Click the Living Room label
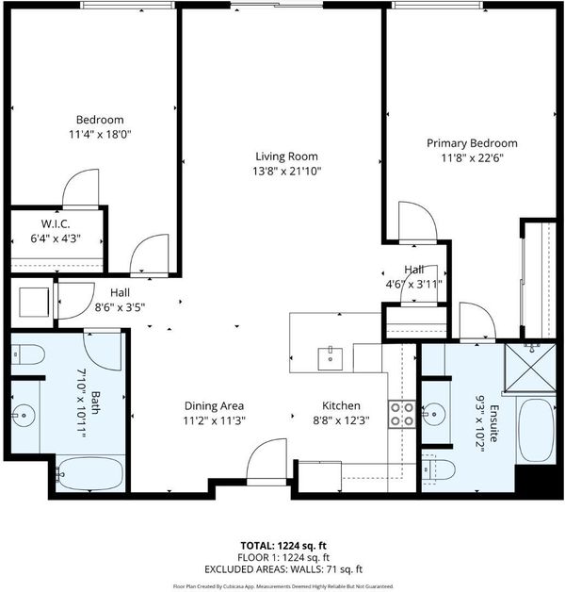pos(286,156)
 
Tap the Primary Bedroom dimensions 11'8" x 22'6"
pos(472,157)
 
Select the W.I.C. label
pos(56,224)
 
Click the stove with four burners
pos(402,414)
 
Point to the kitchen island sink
pos(331,359)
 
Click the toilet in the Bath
pos(28,354)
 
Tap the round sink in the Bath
pos(24,416)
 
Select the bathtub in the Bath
pos(89,474)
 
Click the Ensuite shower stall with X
pos(530,368)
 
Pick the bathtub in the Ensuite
pos(536,429)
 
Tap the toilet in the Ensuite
pos(438,470)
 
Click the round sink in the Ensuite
pos(434,414)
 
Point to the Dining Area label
pos(214,406)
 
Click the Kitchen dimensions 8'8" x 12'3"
pos(341,420)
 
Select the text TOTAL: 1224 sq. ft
pos(283,546)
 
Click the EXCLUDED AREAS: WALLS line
pos(283,569)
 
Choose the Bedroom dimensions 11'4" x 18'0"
pos(100,135)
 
